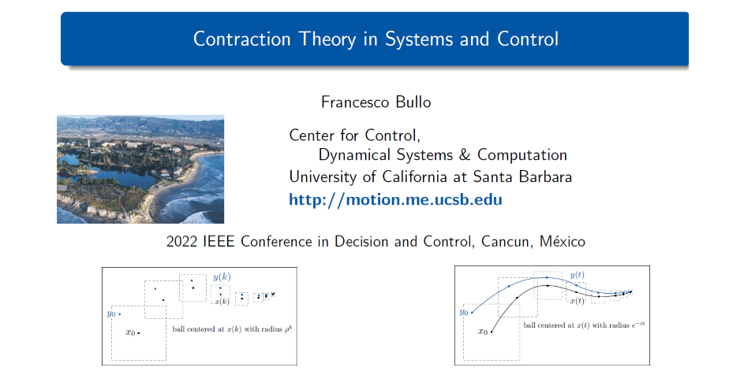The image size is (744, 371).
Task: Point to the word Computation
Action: (x=522, y=155)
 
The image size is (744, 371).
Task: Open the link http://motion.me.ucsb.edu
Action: (x=396, y=200)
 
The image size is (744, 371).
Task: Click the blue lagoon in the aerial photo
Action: (x=109, y=174)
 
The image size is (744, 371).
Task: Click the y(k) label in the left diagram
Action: (x=222, y=277)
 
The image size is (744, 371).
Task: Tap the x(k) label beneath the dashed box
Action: (x=222, y=302)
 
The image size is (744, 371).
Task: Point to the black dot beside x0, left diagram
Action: (x=139, y=333)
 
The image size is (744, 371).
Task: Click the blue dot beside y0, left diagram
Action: (x=120, y=314)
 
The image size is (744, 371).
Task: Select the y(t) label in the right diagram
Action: (x=578, y=275)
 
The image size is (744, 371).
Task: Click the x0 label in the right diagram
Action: (x=483, y=332)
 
